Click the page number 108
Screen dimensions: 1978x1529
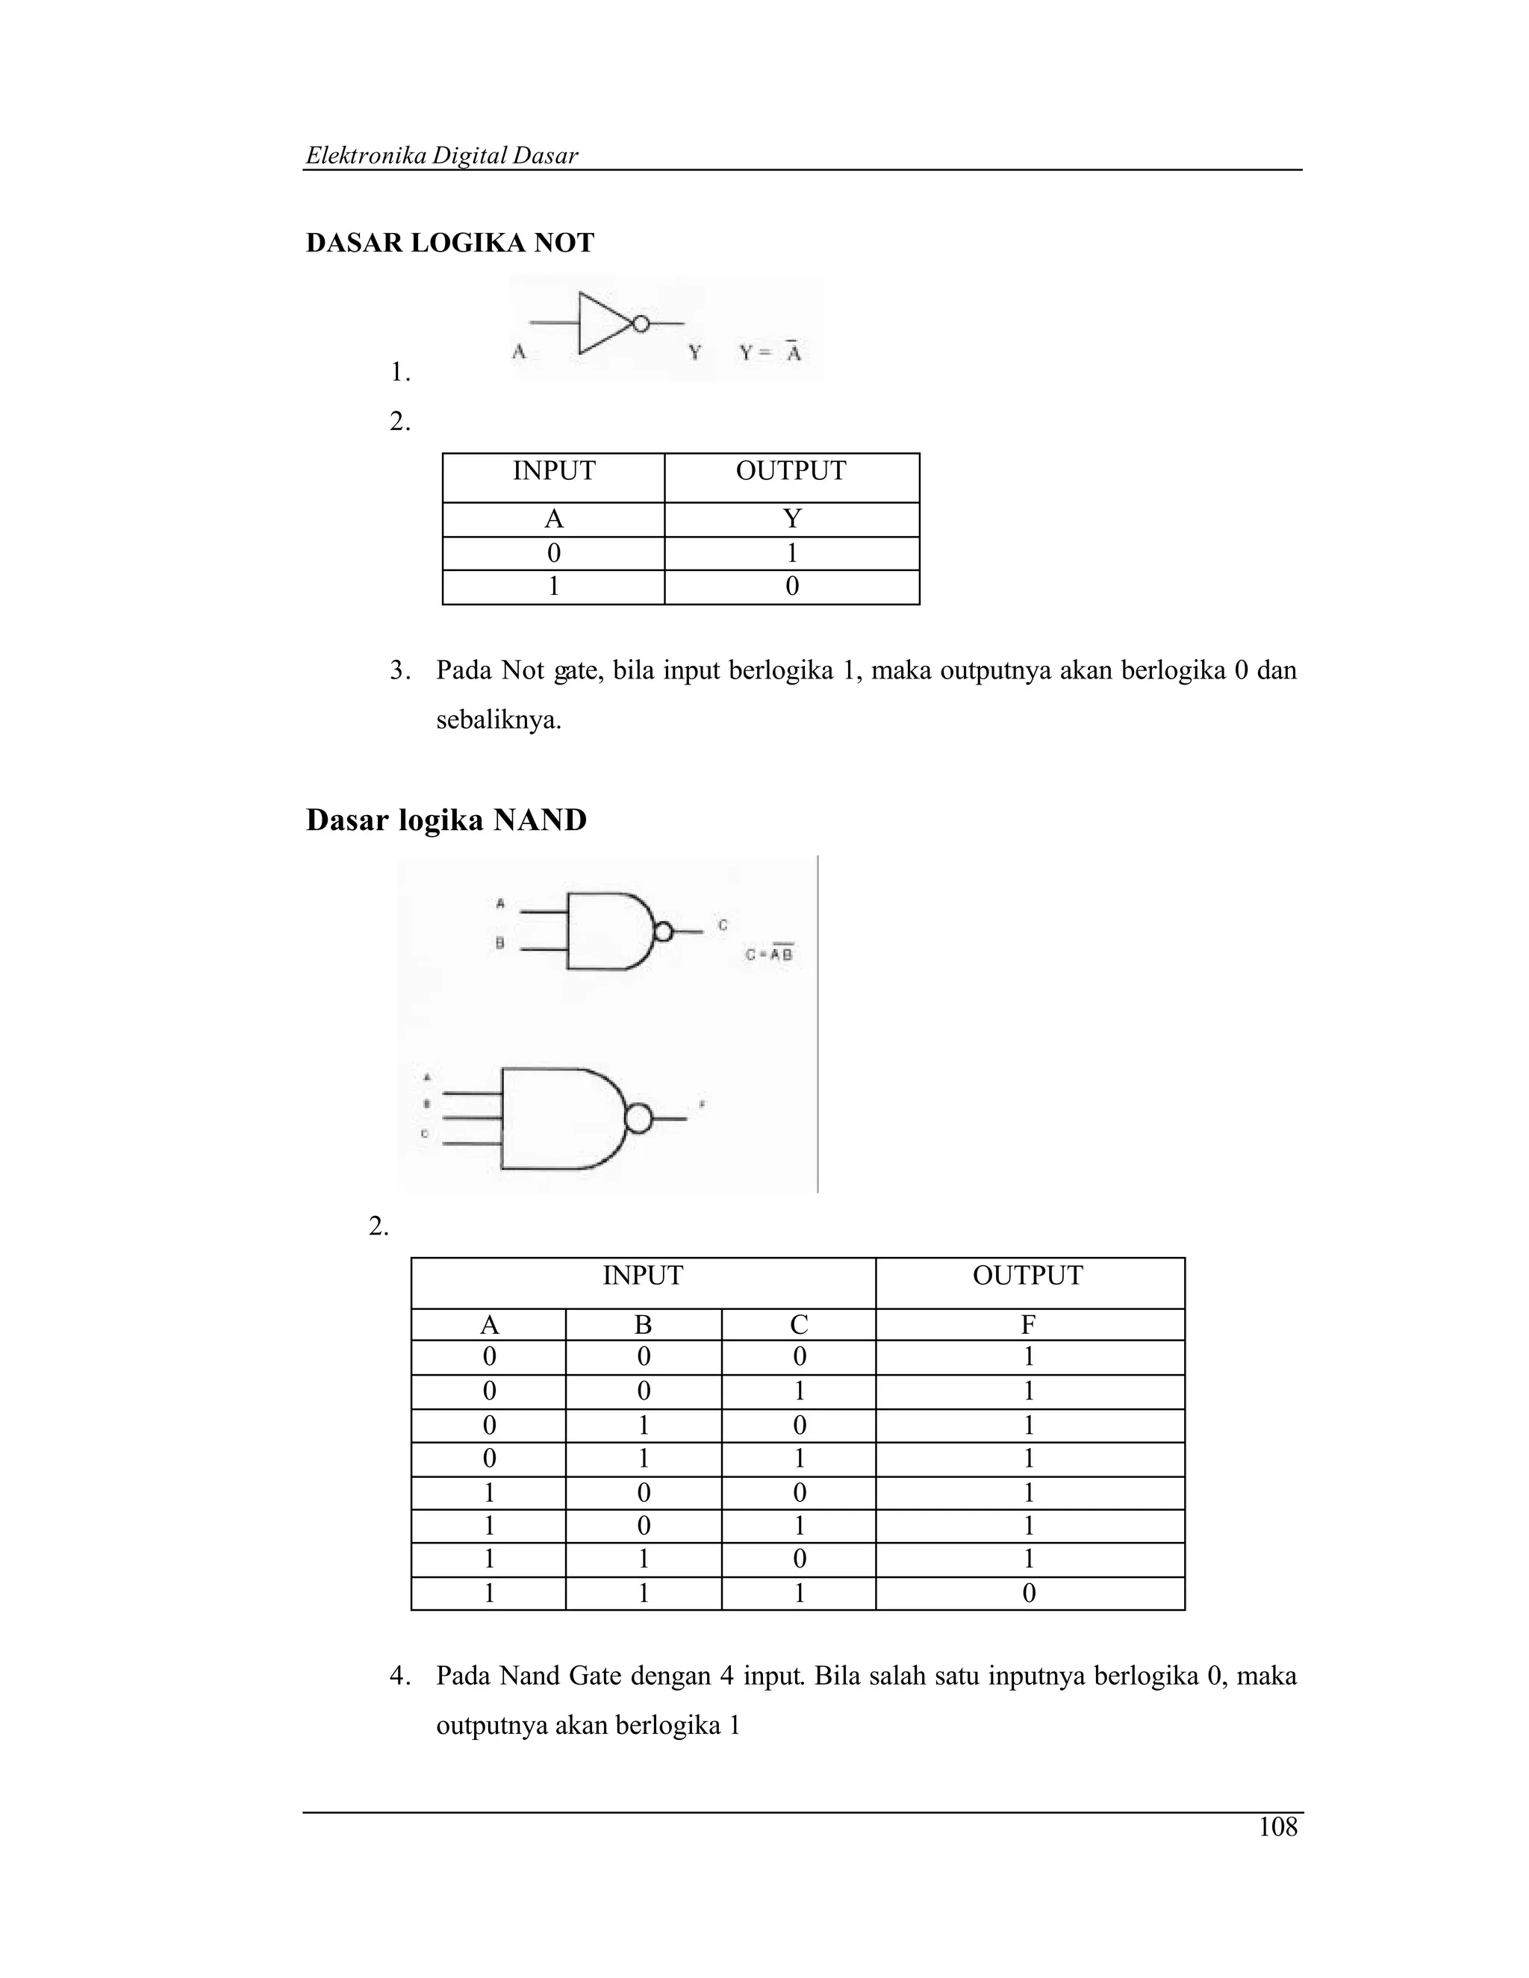pyautogui.click(x=1277, y=1828)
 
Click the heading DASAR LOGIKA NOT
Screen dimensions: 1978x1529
pyautogui.click(x=449, y=243)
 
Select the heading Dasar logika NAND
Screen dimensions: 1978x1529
pyautogui.click(x=446, y=820)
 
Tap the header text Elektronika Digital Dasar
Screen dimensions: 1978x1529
pyautogui.click(x=441, y=156)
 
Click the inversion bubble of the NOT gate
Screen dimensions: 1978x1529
pyautogui.click(x=641, y=323)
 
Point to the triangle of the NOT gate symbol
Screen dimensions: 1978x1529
pyautogui.click(x=602, y=323)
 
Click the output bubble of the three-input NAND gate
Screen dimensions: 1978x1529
pyautogui.click(x=638, y=1119)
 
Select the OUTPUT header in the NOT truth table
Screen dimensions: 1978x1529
pyautogui.click(x=791, y=471)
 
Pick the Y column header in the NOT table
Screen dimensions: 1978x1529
pyautogui.click(x=791, y=519)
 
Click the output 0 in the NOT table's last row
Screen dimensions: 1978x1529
pyautogui.click(x=791, y=587)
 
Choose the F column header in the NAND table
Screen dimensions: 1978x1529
pyautogui.click(x=1028, y=1325)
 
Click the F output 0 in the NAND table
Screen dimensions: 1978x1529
pyautogui.click(x=1028, y=1593)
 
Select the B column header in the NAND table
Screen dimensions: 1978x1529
pyautogui.click(x=643, y=1325)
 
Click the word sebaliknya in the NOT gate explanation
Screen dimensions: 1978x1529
pyautogui.click(x=498, y=721)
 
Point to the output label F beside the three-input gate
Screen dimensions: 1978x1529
pyautogui.click(x=702, y=1105)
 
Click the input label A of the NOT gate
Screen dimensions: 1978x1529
pyautogui.click(x=519, y=352)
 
